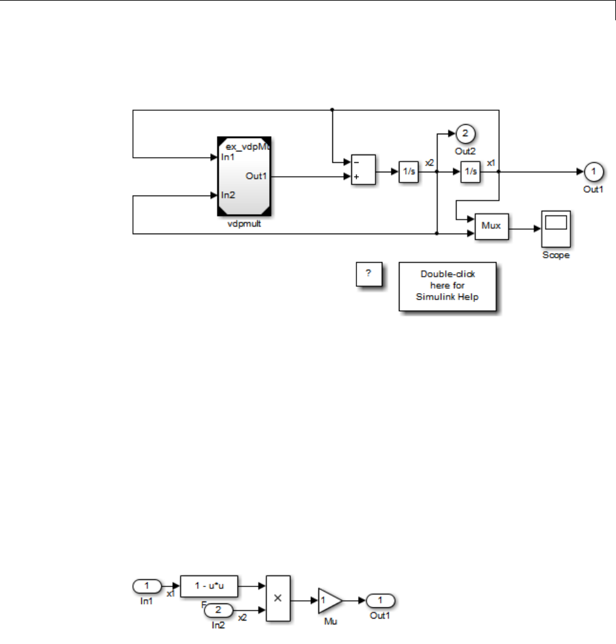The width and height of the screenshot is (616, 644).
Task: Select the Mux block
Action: pos(492,225)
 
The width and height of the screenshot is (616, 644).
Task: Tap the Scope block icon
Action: pos(555,229)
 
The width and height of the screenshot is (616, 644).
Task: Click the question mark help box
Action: pos(368,274)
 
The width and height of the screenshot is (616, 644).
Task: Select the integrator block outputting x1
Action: pos(470,171)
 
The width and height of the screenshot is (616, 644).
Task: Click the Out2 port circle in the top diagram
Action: pos(465,133)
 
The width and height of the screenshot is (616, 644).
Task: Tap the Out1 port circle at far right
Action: pos(593,171)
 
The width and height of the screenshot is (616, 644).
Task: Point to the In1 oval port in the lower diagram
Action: pos(147,586)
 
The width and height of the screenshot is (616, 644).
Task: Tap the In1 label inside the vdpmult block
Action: pos(227,156)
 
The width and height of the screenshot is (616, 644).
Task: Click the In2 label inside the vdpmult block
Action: pos(228,195)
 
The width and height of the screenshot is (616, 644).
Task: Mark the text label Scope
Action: pos(556,255)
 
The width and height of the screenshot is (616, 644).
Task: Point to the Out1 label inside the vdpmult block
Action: pos(256,175)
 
